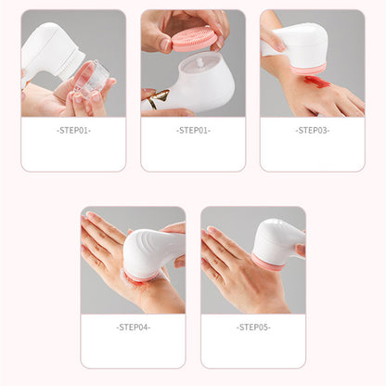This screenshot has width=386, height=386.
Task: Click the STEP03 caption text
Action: click(x=312, y=130)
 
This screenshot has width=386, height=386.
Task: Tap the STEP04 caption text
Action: click(x=133, y=327)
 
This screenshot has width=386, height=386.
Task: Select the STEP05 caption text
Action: click(x=252, y=327)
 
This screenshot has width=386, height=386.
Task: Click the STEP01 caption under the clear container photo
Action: click(x=73, y=130)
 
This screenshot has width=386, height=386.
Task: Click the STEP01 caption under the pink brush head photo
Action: click(x=193, y=130)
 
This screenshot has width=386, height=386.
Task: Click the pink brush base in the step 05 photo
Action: click(x=268, y=264)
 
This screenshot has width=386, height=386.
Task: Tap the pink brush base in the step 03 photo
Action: click(x=309, y=68)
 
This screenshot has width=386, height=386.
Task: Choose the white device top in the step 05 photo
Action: click(x=275, y=238)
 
